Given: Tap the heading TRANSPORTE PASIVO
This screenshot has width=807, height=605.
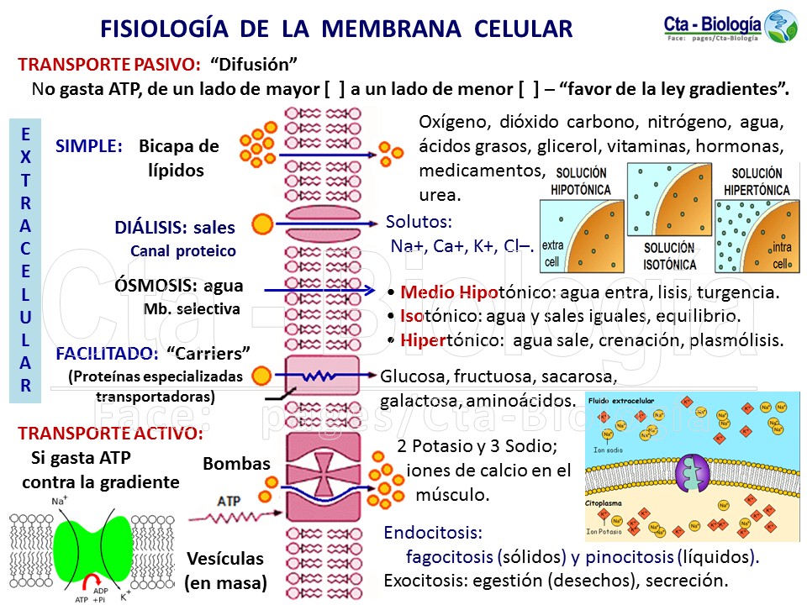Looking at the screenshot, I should pos(108,65).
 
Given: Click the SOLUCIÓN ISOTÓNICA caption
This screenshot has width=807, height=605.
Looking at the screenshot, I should pos(669,254).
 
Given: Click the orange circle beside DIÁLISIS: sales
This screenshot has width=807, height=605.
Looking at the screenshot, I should pos(262,224).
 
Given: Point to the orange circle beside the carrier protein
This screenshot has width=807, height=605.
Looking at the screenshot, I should pos(261,376).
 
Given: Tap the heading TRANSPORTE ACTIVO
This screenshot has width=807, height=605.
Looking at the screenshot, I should pos(110,434).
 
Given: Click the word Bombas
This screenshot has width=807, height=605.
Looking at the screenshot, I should pos(236,464).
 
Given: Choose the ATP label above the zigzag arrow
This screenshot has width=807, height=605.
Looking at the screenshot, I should pos(229,501).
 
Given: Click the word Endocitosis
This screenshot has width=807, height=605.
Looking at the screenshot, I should pos(433,533).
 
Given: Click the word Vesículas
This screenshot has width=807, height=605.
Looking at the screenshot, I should pos(224,559).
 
